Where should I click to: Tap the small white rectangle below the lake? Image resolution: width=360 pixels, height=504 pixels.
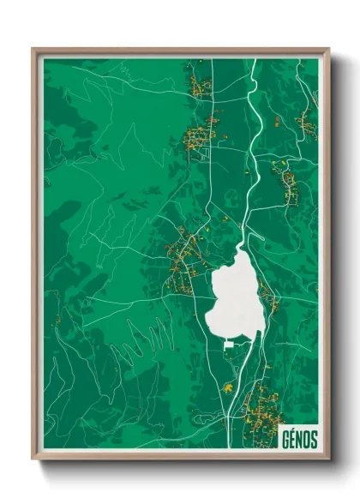click(229, 345)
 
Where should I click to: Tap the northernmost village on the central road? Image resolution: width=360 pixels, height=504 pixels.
click(201, 86)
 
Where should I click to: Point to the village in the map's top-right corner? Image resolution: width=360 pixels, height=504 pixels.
click(307, 125)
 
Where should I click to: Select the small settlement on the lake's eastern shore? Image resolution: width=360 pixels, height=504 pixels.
click(268, 298)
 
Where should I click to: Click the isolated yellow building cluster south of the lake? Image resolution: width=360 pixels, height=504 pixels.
click(228, 387)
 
